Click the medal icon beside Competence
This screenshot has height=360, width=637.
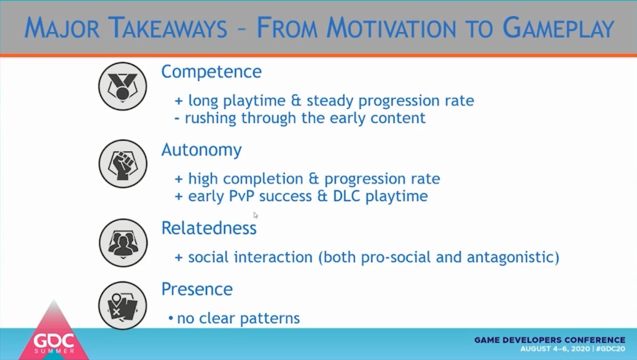pyautogui.click(x=123, y=86)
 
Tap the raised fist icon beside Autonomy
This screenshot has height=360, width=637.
pyautogui.click(x=123, y=164)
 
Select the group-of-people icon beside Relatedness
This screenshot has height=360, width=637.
pyautogui.click(x=123, y=243)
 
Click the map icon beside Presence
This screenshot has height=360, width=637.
pyautogui.click(x=123, y=305)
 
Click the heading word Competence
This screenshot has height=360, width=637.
pyautogui.click(x=211, y=71)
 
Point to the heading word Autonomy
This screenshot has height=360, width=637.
pyautogui.click(x=201, y=150)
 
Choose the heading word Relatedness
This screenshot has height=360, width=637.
pyautogui.click(x=209, y=228)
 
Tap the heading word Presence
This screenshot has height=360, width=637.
pyautogui.click(x=197, y=289)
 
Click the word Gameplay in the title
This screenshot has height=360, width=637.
pyautogui.click(x=558, y=27)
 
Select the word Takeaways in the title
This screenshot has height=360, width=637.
pyautogui.click(x=168, y=27)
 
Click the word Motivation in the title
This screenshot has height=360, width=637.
pyautogui.click(x=391, y=27)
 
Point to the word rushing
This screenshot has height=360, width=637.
pyautogui.click(x=210, y=118)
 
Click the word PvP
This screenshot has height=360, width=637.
pyautogui.click(x=242, y=196)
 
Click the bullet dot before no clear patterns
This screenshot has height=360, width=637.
pyautogui.click(x=171, y=318)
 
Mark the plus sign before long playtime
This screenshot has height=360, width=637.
pyautogui.click(x=179, y=101)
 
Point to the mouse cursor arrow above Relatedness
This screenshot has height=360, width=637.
pyautogui.click(x=255, y=215)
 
